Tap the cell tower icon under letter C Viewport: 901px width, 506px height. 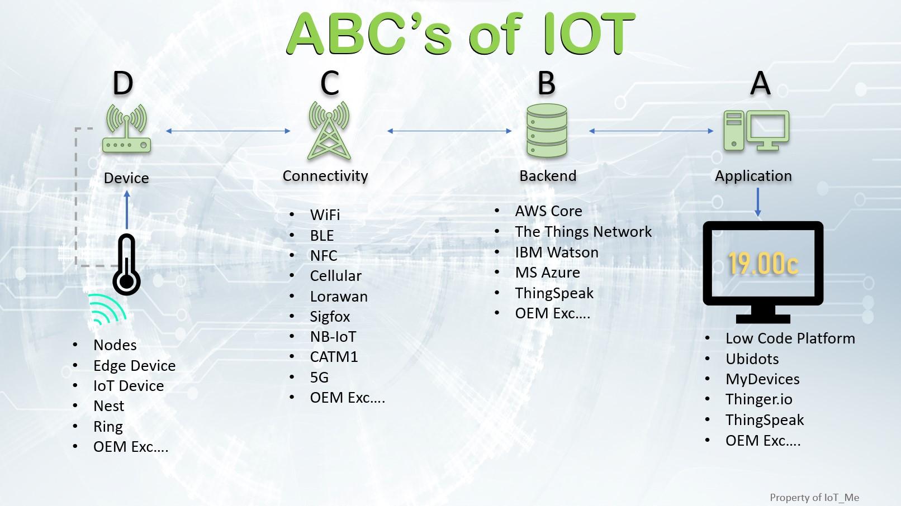coord(329,131)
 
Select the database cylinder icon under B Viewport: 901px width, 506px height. coord(547,132)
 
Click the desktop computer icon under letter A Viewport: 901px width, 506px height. coord(756,131)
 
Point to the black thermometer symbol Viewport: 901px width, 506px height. coord(127,265)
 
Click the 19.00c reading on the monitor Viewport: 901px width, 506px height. coord(763,264)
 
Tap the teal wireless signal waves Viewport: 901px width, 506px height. coord(107,309)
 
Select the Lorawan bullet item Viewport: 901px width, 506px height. coord(339,297)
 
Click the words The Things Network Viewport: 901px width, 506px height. coord(583,232)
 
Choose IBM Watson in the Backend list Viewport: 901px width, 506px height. coord(556,252)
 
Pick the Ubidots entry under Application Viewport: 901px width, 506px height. coord(752,359)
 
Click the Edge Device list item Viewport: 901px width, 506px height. coord(134,366)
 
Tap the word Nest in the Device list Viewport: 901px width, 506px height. coord(108,406)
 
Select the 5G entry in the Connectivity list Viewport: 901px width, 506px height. coord(319,378)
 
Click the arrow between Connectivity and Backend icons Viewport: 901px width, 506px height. coord(449,131)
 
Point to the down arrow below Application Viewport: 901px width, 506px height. coord(758,202)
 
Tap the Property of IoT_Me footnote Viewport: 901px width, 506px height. coord(814,498)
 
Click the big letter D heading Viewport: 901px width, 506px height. coord(123,84)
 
